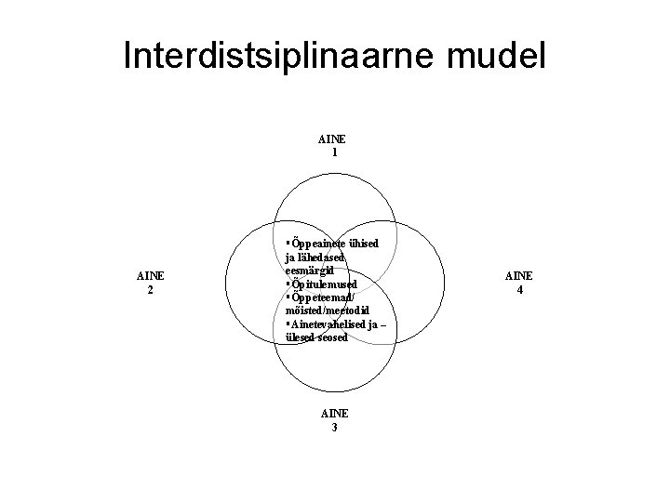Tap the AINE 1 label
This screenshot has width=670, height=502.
click(333, 146)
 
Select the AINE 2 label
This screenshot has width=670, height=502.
click(151, 283)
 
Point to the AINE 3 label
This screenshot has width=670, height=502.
click(333, 420)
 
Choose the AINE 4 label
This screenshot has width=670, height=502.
click(518, 283)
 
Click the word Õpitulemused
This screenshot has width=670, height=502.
click(323, 284)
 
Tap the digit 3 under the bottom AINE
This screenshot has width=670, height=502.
click(333, 428)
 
